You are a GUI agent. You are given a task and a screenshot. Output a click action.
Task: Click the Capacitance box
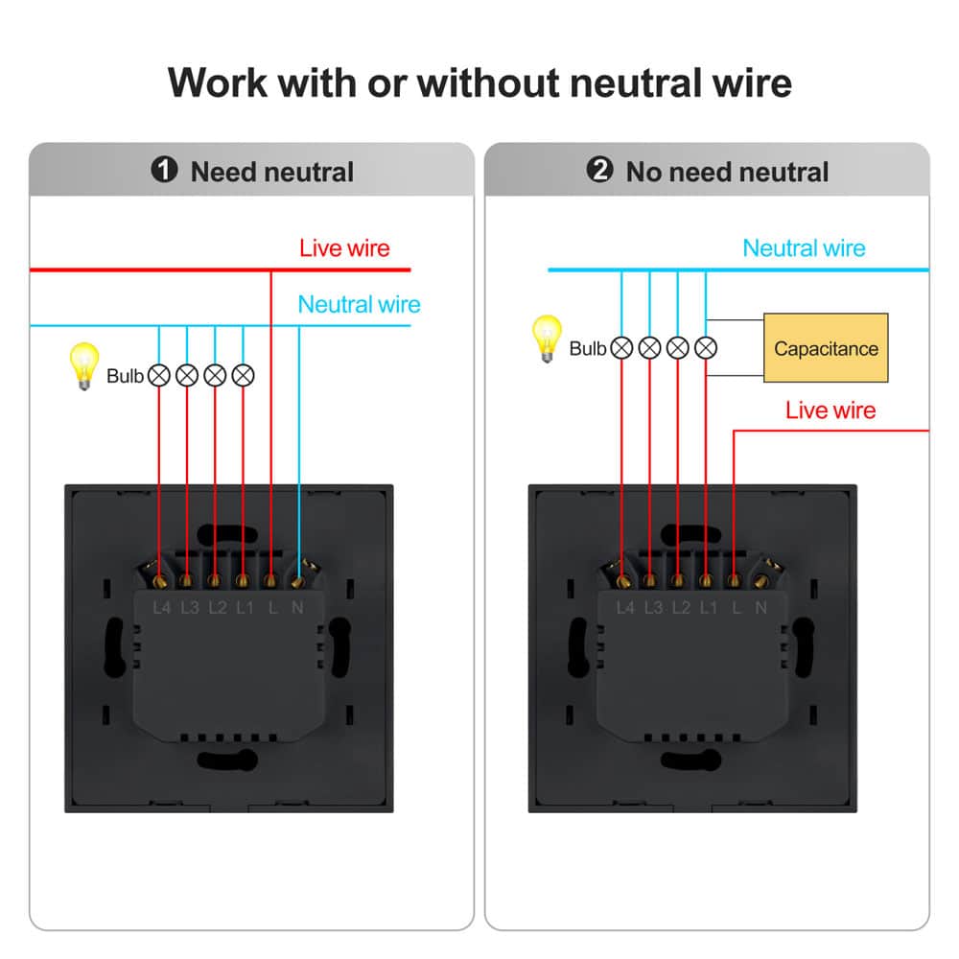click(826, 348)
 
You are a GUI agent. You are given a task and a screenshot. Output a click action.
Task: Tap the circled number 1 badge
click(165, 171)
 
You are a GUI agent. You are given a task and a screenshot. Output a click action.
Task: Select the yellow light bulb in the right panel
click(548, 339)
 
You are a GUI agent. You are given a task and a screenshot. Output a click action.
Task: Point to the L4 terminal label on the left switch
click(161, 607)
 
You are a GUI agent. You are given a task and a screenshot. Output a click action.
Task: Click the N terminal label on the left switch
click(297, 607)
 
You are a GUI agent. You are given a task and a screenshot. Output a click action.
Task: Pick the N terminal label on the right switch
click(760, 607)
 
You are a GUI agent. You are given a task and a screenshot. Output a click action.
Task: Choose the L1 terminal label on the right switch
click(708, 607)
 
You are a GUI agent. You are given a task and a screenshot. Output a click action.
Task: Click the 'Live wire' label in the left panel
click(344, 248)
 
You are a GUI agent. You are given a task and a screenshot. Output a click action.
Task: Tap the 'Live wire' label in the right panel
click(830, 410)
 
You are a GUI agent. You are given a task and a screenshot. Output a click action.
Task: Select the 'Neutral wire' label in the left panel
click(359, 305)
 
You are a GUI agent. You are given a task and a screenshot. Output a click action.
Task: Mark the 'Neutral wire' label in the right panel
click(804, 248)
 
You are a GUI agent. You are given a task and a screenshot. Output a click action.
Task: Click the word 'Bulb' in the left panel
click(125, 376)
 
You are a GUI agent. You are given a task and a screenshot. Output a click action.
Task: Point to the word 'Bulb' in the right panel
click(587, 348)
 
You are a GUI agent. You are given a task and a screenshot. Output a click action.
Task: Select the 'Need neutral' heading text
click(272, 173)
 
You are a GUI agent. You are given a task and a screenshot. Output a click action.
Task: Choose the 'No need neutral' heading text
click(727, 173)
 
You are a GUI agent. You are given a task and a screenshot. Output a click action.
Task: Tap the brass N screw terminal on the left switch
click(299, 578)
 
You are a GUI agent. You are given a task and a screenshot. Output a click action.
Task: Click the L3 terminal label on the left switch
click(189, 607)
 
